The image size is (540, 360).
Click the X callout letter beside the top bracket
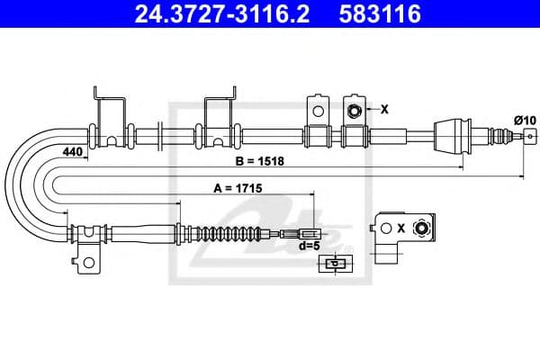pos(384,110)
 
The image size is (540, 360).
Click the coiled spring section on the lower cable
pos(231,233)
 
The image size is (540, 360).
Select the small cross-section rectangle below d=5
pos(333,264)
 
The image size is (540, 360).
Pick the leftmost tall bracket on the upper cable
pos(108,117)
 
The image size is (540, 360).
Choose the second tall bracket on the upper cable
pos(220,117)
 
